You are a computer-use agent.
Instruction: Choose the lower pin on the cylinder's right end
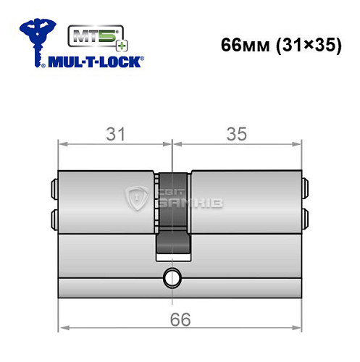point(306,216)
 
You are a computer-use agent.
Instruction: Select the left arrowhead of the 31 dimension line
point(62,144)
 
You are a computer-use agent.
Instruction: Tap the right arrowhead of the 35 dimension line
point(297,144)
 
